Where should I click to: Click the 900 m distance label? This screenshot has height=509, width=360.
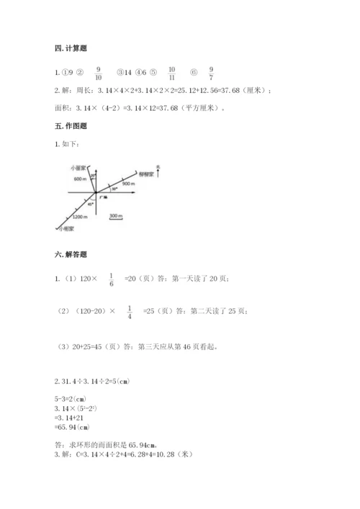[x=130, y=184]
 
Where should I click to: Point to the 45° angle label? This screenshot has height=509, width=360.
[x=91, y=204]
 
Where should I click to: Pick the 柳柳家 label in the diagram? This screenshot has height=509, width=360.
[x=148, y=175]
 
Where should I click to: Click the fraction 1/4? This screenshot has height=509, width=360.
[x=129, y=311]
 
